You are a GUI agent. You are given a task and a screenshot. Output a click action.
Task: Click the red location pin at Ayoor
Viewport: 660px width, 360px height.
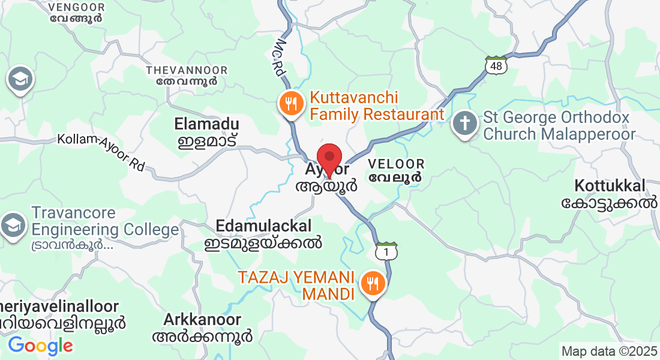click(x=329, y=158)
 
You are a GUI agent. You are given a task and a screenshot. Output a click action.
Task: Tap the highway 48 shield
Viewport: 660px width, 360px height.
click(x=496, y=65)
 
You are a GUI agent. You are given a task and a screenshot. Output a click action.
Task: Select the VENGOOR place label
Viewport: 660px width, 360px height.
click(x=76, y=13)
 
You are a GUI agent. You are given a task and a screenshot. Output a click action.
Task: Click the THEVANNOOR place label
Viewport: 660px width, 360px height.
click(x=187, y=76)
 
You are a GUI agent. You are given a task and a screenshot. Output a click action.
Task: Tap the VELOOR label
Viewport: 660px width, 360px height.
click(x=396, y=170)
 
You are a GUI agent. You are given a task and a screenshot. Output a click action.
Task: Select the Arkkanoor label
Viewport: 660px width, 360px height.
click(x=202, y=327)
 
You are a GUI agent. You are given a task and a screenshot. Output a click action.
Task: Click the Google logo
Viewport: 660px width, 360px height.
click(x=40, y=346)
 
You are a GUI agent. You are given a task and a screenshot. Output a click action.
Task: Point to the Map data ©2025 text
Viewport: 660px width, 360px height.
click(x=609, y=350)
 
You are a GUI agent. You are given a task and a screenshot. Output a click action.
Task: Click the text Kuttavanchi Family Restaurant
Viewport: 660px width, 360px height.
click(x=377, y=106)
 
